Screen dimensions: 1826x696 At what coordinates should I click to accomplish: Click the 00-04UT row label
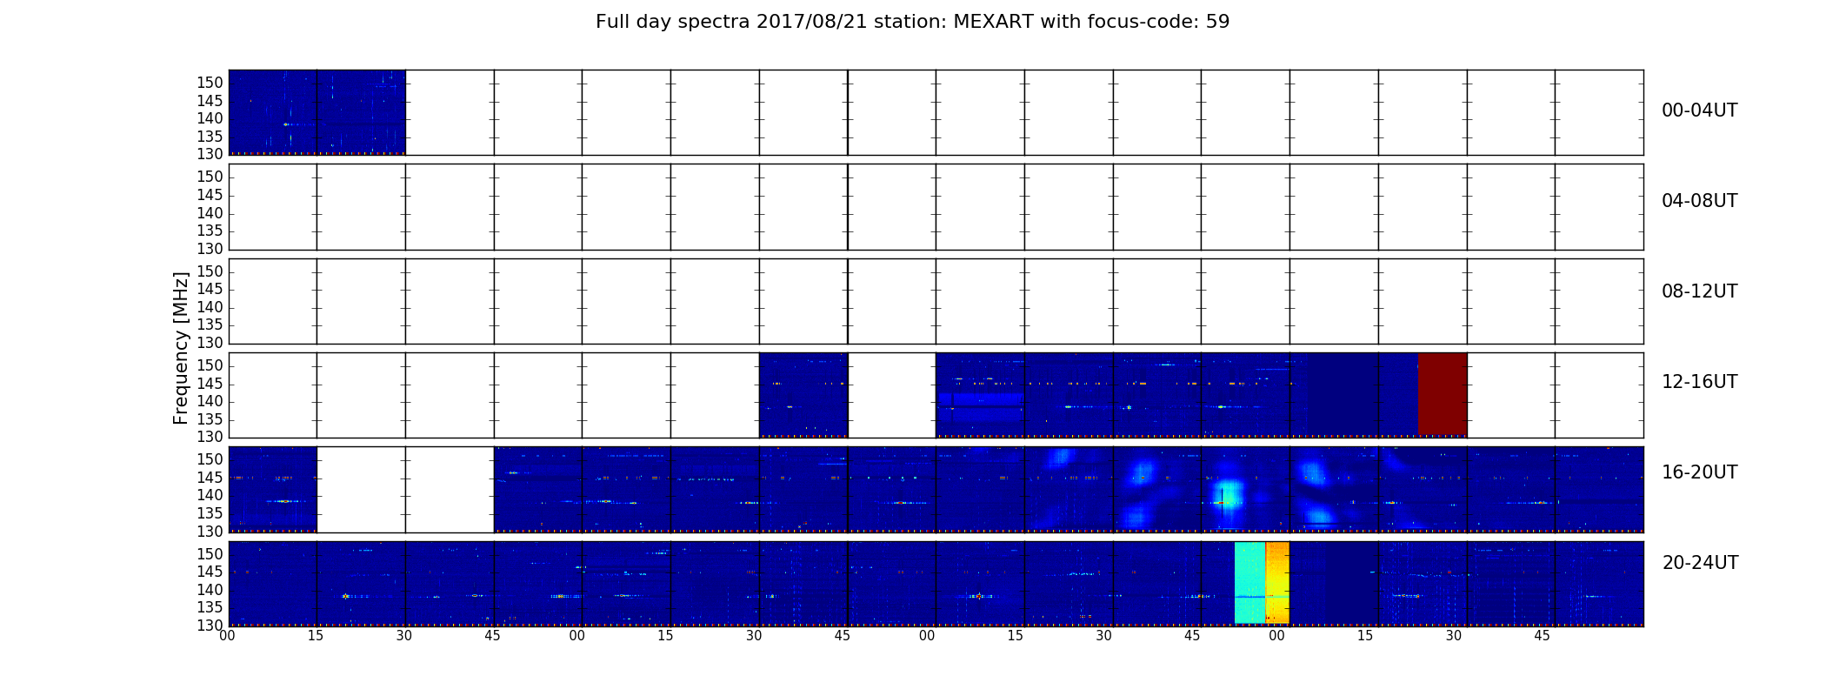coord(1699,110)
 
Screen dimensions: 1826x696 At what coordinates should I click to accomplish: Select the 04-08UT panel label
coord(1699,201)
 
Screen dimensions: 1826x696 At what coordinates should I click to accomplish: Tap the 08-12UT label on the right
coord(1699,291)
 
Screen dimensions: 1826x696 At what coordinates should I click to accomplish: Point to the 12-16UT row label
coord(1699,382)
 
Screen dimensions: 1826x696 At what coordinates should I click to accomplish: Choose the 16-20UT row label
coord(1699,472)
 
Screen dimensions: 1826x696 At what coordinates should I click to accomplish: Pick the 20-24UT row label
coord(1700,563)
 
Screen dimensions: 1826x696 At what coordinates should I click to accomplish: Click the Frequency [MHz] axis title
coord(181,348)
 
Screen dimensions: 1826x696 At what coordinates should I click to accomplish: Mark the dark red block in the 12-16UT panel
coord(1443,394)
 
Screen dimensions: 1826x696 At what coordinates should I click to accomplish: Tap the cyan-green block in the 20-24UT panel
coord(1250,582)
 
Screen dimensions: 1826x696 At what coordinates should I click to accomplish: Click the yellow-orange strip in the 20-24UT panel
coord(1277,582)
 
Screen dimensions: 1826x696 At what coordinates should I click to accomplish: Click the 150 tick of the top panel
coord(210,84)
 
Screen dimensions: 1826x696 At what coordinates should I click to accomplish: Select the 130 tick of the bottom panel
coord(210,626)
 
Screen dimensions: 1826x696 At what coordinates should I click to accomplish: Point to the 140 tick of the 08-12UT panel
coord(210,307)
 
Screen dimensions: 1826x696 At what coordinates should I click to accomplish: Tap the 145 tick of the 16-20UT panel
coord(210,478)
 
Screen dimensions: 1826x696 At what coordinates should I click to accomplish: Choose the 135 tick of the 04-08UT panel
coord(210,231)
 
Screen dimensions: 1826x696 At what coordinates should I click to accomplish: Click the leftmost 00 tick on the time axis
coord(227,636)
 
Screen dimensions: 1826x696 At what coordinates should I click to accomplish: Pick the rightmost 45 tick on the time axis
coord(1542,636)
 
